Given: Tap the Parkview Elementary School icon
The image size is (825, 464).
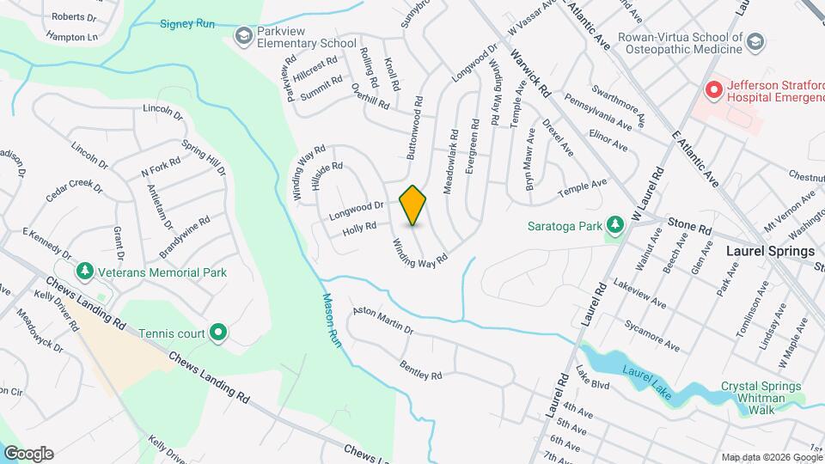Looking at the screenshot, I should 243,36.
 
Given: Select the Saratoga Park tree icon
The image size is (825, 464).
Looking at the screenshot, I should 614,225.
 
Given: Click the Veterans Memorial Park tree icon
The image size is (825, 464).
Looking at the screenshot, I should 84,272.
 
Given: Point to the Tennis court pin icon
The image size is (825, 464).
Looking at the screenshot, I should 218,332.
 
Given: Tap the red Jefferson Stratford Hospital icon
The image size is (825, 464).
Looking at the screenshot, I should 712,89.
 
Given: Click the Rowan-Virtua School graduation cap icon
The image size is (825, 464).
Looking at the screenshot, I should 755,42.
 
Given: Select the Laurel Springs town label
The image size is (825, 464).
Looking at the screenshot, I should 770,252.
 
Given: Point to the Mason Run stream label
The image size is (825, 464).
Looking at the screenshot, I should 332,319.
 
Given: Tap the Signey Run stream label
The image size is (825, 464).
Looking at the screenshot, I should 186,24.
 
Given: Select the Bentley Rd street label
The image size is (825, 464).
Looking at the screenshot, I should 420,370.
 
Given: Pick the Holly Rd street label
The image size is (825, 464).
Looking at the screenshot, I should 359,228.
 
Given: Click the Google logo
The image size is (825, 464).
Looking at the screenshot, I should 27,454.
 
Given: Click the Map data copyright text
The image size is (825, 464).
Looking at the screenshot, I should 770,457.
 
